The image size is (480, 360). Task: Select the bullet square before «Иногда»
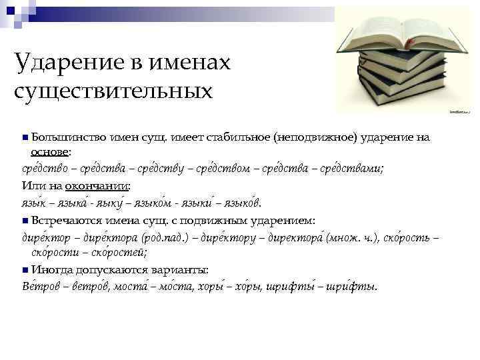(25, 270)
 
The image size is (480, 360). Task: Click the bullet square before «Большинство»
(25, 138)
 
